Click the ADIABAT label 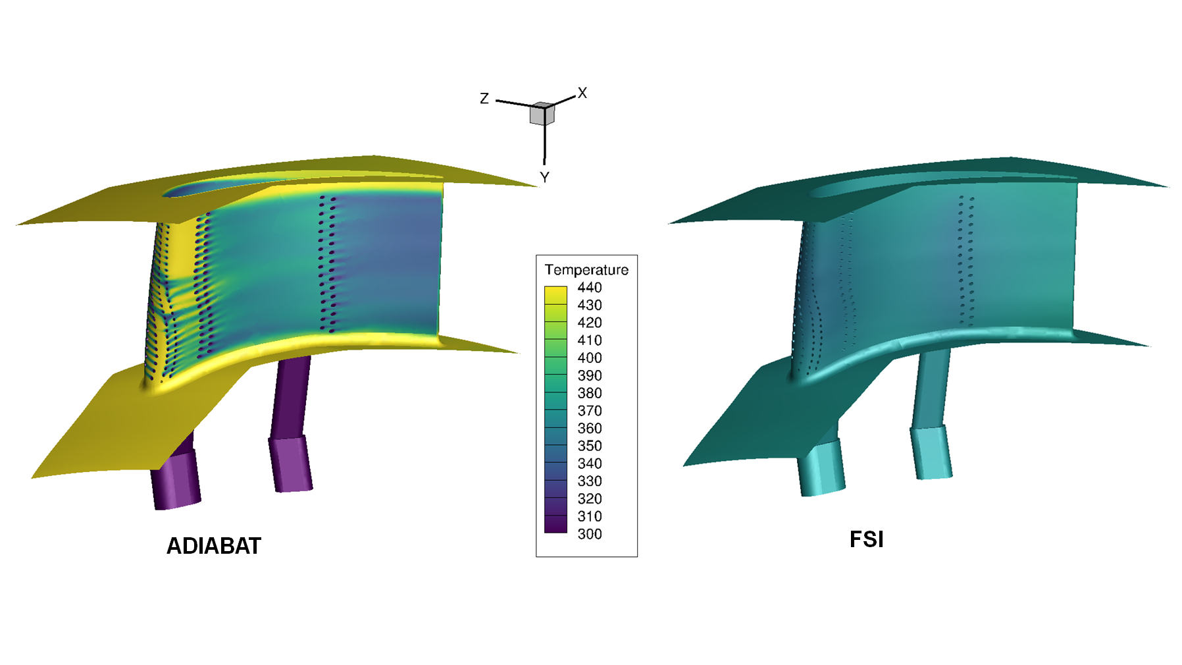point(214,546)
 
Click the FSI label point(866,539)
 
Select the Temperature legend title point(586,270)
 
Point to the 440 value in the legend point(589,288)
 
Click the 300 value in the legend point(589,534)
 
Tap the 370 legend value point(589,411)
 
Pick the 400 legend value point(589,358)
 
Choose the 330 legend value point(589,481)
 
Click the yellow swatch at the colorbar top point(555,294)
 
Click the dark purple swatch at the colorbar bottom point(555,525)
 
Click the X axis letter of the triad point(582,93)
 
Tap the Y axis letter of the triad point(544,177)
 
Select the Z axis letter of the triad point(484,99)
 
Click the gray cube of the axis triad point(542,114)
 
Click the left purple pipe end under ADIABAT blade point(176,481)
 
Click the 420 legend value point(589,323)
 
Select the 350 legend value point(589,446)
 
